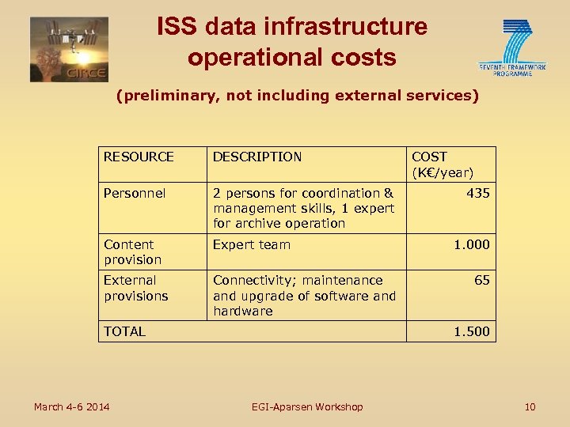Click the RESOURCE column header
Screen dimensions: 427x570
(x=139, y=157)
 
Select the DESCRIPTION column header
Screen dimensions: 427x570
(x=257, y=157)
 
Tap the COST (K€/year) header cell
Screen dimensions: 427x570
(x=442, y=164)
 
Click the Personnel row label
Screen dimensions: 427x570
(x=135, y=193)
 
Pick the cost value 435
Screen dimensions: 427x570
(x=477, y=193)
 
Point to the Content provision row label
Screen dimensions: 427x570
(x=132, y=252)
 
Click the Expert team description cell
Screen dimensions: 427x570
(x=251, y=245)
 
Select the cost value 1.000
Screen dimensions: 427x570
(x=471, y=245)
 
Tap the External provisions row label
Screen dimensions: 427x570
(x=135, y=288)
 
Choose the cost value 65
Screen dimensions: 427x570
(x=481, y=280)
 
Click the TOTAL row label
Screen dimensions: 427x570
(x=125, y=331)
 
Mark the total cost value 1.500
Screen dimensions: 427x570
(x=471, y=331)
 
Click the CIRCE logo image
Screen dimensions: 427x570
(x=69, y=49)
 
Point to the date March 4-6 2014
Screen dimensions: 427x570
(x=71, y=406)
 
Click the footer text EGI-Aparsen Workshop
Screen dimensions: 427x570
(x=307, y=406)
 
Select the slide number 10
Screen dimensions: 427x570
(x=530, y=406)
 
